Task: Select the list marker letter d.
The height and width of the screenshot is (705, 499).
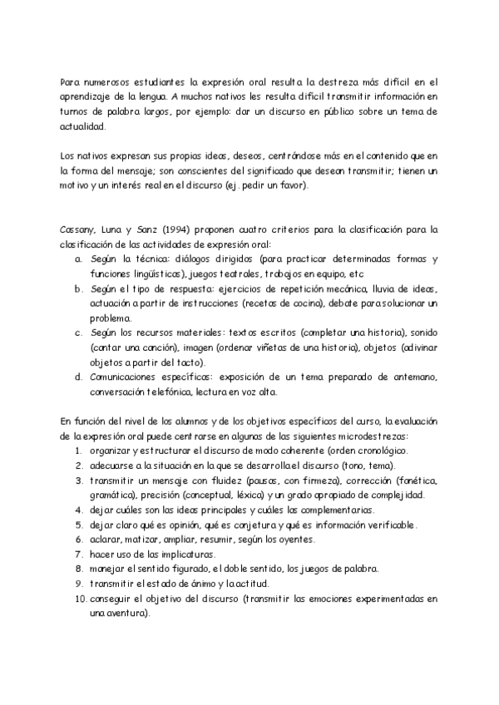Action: point(77,378)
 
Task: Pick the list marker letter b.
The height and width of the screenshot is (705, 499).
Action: point(77,288)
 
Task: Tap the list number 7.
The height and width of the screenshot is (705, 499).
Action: point(77,555)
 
